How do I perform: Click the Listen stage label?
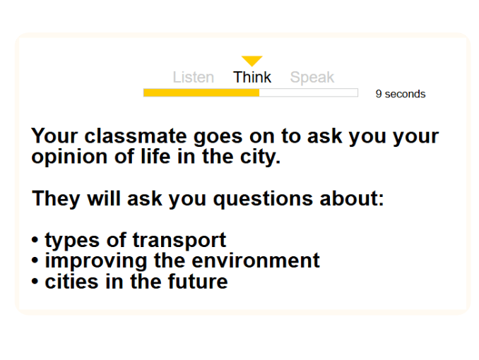(193, 78)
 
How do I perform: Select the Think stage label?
(252, 78)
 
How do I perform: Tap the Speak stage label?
(312, 78)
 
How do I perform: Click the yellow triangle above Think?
(252, 61)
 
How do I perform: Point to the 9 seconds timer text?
(401, 94)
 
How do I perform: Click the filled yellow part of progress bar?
(201, 92)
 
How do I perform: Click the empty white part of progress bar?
(308, 92)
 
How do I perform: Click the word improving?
(88, 260)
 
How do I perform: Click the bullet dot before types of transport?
(35, 241)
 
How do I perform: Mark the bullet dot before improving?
(35, 261)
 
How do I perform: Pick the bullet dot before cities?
(35, 282)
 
